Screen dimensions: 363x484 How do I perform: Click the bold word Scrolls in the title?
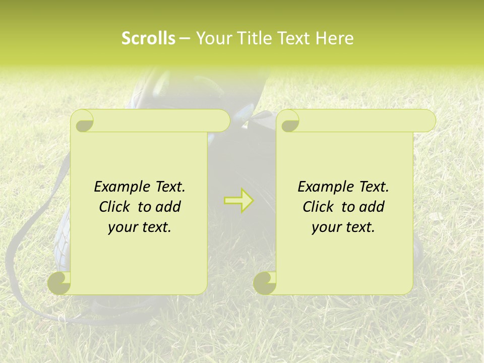coord(148,38)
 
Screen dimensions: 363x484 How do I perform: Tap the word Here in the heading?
coord(335,38)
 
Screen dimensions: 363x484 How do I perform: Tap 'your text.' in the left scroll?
coord(140,227)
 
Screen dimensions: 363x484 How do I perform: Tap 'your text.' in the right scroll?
coord(343,227)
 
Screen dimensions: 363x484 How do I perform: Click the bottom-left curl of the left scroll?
coord(59,283)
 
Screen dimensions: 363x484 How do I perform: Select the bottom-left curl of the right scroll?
coord(265,283)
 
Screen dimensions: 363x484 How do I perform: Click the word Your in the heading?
coord(212,38)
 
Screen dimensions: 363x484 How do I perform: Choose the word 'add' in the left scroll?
coord(168,207)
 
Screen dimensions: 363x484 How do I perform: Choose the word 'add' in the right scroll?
coord(372,207)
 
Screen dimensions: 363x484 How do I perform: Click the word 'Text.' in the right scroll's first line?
coord(374,187)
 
